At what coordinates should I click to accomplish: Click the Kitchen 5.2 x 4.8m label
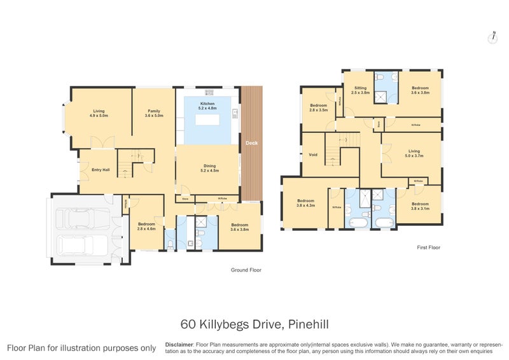(208, 106)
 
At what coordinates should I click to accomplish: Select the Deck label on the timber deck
(251, 143)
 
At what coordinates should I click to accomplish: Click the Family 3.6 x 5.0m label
(154, 113)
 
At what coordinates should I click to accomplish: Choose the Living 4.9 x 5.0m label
(100, 113)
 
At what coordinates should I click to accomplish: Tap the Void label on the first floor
(312, 155)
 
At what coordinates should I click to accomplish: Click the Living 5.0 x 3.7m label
(414, 153)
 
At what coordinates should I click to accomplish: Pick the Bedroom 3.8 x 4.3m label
(305, 203)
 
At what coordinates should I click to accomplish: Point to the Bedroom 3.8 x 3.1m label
(420, 206)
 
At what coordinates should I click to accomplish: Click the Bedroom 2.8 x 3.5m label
(318, 107)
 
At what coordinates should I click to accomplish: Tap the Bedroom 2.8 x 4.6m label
(146, 226)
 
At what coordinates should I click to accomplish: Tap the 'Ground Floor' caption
(246, 270)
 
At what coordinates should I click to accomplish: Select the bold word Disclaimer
(179, 343)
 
